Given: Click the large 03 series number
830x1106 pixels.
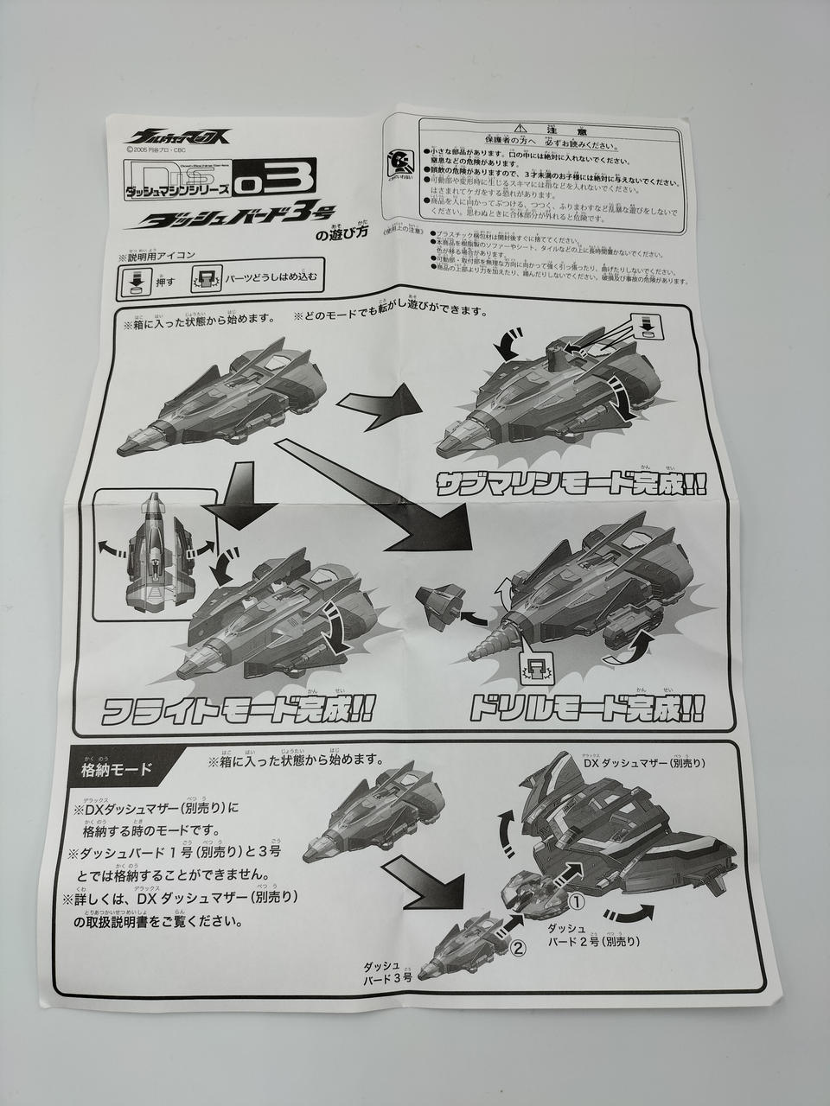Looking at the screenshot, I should (285, 180).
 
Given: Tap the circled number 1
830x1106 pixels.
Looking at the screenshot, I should (578, 902).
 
